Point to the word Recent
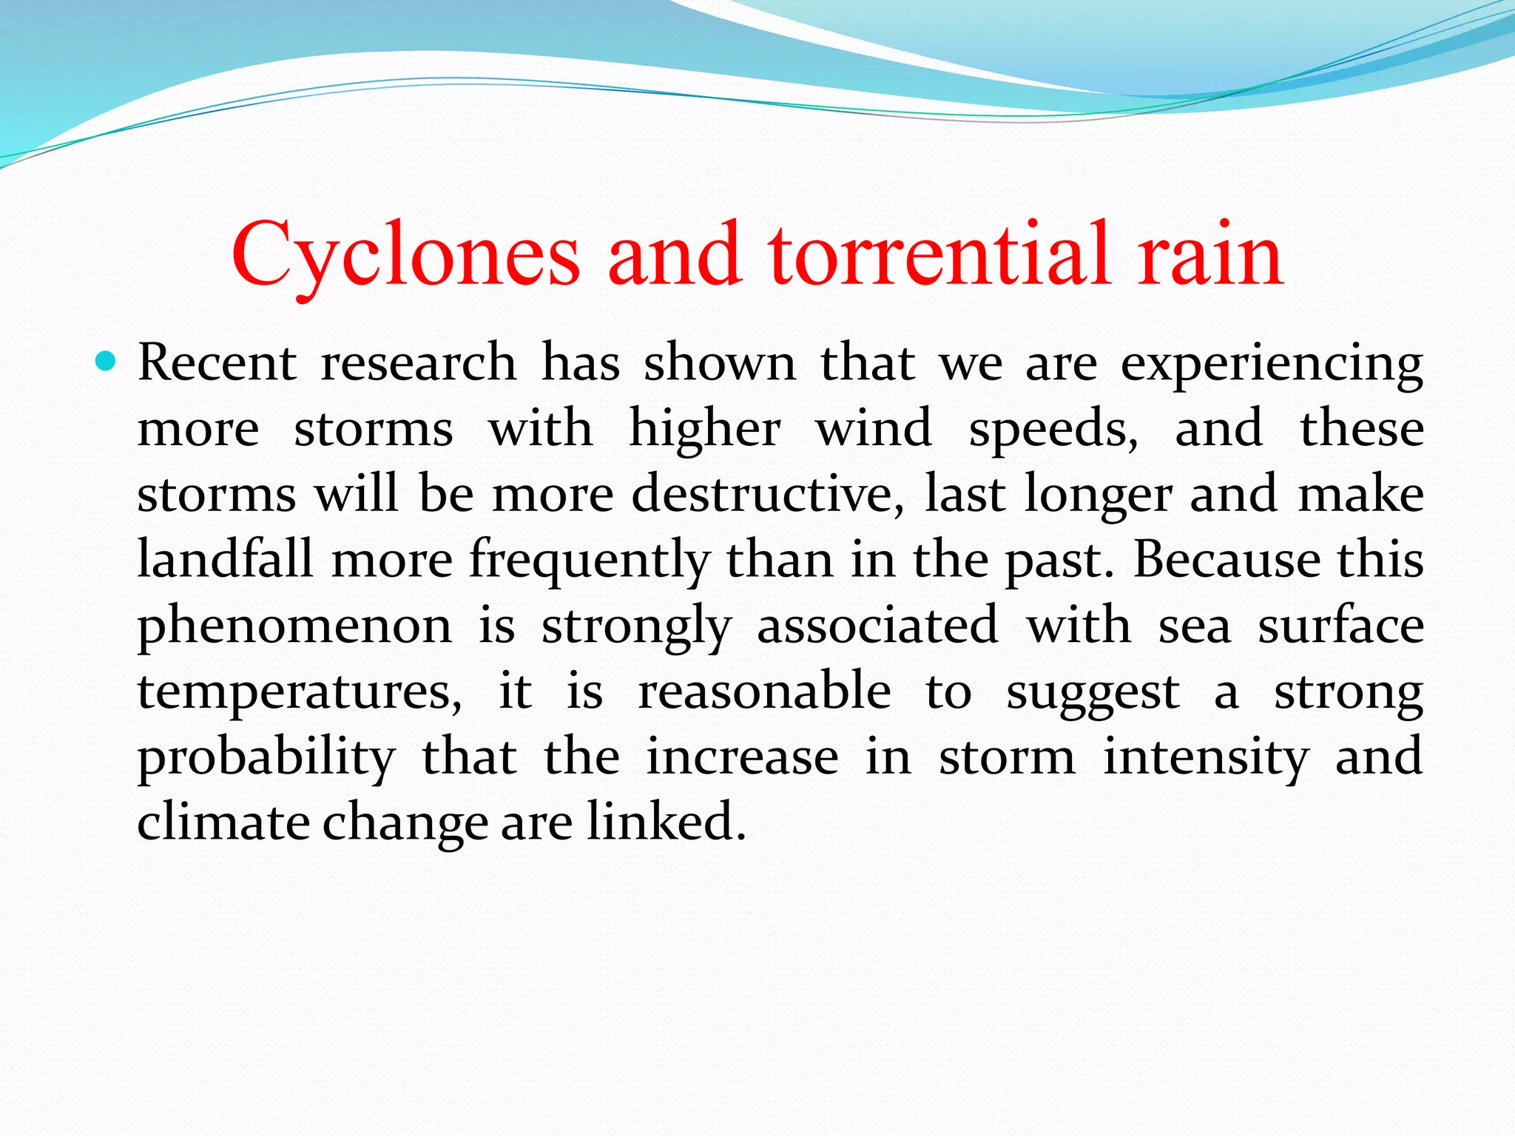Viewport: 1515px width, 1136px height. (x=217, y=363)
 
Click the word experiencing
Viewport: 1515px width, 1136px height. (x=1272, y=365)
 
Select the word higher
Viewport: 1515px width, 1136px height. (x=704, y=430)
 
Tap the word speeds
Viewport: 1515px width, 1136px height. (x=1053, y=430)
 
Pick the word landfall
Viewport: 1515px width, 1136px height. (x=225, y=559)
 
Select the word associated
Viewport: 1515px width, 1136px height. (x=877, y=625)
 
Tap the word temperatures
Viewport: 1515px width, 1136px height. (x=299, y=692)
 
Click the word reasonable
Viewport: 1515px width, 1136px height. (x=764, y=690)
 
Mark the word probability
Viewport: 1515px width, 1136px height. (x=266, y=757)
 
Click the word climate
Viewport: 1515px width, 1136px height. (x=223, y=822)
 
